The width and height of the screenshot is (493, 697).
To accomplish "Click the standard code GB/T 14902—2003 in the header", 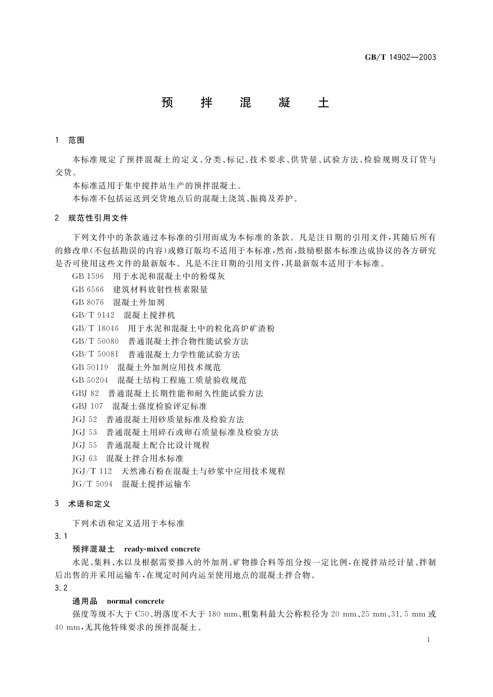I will tap(400, 58).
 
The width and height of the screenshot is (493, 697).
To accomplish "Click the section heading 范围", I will tap(76, 140).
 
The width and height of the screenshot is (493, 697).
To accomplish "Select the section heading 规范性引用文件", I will tap(98, 218).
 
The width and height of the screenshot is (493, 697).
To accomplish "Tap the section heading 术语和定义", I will tap(89, 504).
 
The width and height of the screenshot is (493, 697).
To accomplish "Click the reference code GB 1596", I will tap(88, 276).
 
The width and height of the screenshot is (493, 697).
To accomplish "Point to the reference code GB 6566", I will tap(88, 290).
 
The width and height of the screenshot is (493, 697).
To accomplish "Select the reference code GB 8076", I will tap(88, 303).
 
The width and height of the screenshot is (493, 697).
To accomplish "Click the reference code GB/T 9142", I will tap(93, 315).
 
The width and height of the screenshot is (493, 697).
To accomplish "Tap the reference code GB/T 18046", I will tap(95, 329).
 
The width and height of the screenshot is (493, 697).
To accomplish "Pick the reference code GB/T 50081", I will tap(95, 354).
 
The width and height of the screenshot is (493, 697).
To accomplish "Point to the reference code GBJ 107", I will tap(87, 406).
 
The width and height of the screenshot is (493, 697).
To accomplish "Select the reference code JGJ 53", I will tap(84, 433).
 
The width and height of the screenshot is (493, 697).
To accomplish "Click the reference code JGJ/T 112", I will tap(92, 471).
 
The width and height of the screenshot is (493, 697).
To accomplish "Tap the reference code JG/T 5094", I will tap(92, 484).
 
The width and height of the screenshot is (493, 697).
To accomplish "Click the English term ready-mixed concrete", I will tap(162, 549).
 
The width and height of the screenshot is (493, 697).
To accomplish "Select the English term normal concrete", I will tap(135, 601).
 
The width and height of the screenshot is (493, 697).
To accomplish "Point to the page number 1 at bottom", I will tap(428, 640).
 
